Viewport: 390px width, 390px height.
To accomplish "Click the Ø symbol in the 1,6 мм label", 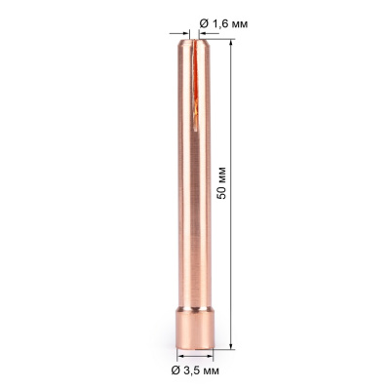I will (204, 22).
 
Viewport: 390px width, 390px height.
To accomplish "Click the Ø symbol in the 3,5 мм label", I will (176, 371).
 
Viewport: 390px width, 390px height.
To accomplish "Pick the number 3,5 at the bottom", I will (193, 371).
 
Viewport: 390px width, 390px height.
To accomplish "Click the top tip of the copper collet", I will (193, 38).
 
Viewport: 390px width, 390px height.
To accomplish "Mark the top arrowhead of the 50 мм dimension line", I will (234, 41).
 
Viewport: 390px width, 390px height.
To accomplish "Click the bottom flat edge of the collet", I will (193, 346).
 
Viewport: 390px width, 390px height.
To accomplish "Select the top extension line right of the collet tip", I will (219, 36).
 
